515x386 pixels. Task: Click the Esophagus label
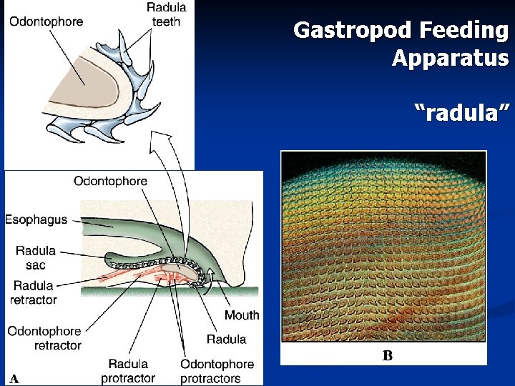pyautogui.click(x=36, y=219)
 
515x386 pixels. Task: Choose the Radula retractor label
pyautogui.click(x=33, y=293)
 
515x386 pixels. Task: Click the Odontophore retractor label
pyautogui.click(x=44, y=338)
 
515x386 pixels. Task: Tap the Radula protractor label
pyautogui.click(x=128, y=370)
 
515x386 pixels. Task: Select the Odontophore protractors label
pyautogui.click(x=210, y=370)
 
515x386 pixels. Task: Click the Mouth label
pyautogui.click(x=242, y=315)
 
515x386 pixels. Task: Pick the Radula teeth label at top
pyautogui.click(x=167, y=14)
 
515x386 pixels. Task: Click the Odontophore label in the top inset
pyautogui.click(x=46, y=21)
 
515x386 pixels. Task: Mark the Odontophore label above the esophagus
pyautogui.click(x=110, y=182)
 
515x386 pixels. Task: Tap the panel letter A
pyautogui.click(x=14, y=378)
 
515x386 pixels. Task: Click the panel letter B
pyautogui.click(x=387, y=355)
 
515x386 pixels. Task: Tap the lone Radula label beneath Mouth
pyautogui.click(x=226, y=339)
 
